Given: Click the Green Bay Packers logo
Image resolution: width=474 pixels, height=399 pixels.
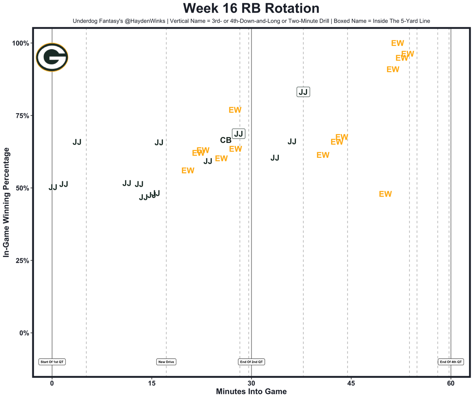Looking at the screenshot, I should tap(52, 57).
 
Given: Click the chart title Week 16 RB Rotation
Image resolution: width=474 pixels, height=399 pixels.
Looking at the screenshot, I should tap(251, 9).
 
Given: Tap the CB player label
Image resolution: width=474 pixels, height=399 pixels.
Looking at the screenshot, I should tap(226, 140).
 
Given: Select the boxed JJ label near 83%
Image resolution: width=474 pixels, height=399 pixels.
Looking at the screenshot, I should tap(303, 92).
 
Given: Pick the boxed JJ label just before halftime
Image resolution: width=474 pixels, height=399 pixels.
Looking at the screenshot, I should tap(238, 134).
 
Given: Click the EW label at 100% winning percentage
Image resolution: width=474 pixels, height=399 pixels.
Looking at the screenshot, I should tap(397, 43).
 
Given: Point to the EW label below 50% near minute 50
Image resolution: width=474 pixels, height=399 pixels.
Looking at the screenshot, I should tap(385, 194).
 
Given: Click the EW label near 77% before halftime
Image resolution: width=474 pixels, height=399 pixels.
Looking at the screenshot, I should tap(235, 110).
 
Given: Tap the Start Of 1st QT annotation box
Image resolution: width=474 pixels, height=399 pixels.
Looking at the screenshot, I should tap(52, 362).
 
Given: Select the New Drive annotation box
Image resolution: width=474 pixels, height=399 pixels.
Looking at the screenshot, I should tap(166, 362).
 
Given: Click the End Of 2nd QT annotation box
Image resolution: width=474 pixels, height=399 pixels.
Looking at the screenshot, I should tap(251, 362).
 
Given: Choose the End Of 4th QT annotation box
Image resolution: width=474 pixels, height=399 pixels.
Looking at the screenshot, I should tap(451, 362).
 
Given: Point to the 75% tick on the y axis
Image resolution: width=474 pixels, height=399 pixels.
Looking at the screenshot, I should tap(21, 116).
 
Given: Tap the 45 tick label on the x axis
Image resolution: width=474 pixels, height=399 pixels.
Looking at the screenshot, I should tap(351, 383).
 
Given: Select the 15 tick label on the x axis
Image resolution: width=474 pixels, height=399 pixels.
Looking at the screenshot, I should tap(151, 383).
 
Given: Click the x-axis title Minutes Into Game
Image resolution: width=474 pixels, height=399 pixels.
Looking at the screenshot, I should tap(251, 392).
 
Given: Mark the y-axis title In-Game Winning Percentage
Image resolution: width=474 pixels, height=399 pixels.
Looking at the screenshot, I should tap(6, 202).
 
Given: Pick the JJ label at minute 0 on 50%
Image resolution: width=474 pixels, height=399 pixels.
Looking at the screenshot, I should tap(53, 187).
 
